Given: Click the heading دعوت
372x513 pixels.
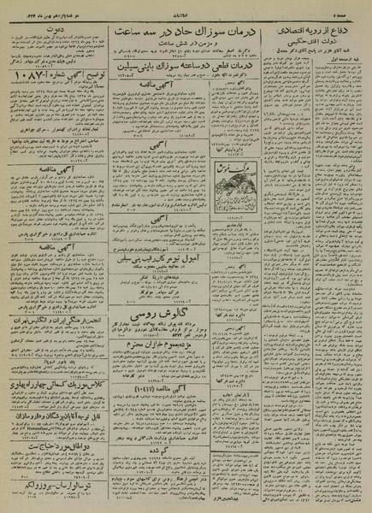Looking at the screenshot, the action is pyautogui.click(x=57, y=27).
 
